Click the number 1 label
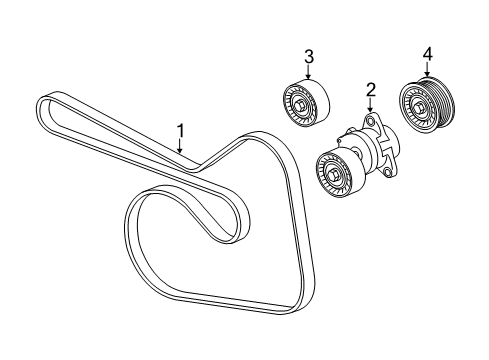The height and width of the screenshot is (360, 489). pyautogui.click(x=181, y=130)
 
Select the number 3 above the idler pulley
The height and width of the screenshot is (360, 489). pyautogui.click(x=309, y=57)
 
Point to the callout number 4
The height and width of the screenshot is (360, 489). pyautogui.click(x=427, y=52)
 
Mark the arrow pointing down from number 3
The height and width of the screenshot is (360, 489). pyautogui.click(x=309, y=72)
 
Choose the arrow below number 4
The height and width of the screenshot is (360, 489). pyautogui.click(x=427, y=68)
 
